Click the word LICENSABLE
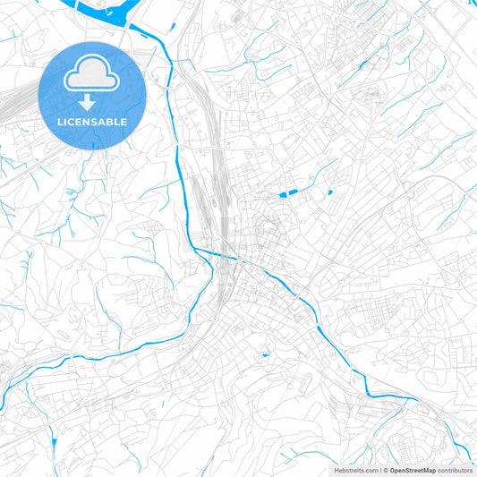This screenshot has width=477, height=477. click(92, 122)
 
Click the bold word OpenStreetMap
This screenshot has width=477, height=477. click(413, 469)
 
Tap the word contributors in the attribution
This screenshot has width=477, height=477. click(455, 469)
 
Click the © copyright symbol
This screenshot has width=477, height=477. click(386, 469)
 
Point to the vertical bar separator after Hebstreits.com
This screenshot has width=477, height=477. click(379, 469)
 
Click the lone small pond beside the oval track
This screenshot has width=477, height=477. click(329, 192)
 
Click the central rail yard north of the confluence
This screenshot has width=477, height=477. click(215, 179)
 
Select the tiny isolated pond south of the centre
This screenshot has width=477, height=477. click(265, 356)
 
